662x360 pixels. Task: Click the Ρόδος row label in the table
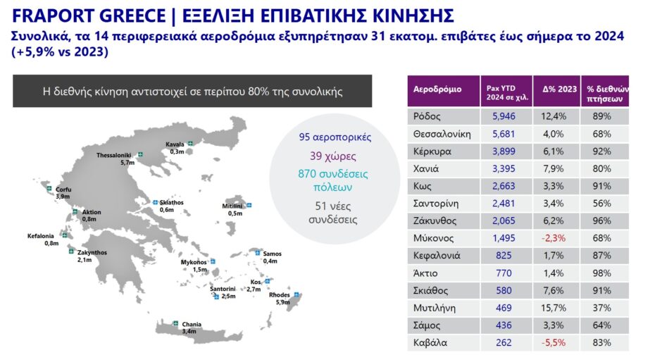point(427,116)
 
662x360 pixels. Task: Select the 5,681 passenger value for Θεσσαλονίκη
point(504,134)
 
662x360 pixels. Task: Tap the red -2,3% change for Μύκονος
point(553,238)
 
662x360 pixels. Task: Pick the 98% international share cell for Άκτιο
point(601,273)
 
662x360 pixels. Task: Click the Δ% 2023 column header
point(559,89)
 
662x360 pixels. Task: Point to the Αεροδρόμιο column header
point(437,89)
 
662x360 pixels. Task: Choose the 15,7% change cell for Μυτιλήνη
point(554,308)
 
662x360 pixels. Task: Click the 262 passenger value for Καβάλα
point(504,342)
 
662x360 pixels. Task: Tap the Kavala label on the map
point(175,144)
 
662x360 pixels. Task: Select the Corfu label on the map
point(64,190)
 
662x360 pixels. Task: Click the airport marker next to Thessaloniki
point(140,155)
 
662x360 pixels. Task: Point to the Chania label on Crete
point(192,325)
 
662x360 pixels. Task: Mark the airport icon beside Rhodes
point(296,294)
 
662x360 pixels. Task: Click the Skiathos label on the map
point(171,203)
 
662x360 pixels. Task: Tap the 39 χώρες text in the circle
point(333,156)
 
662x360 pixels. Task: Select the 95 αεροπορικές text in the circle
point(335,137)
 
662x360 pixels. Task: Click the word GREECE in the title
point(132,16)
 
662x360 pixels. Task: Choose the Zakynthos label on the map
point(92,253)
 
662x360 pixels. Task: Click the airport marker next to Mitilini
point(249,205)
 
